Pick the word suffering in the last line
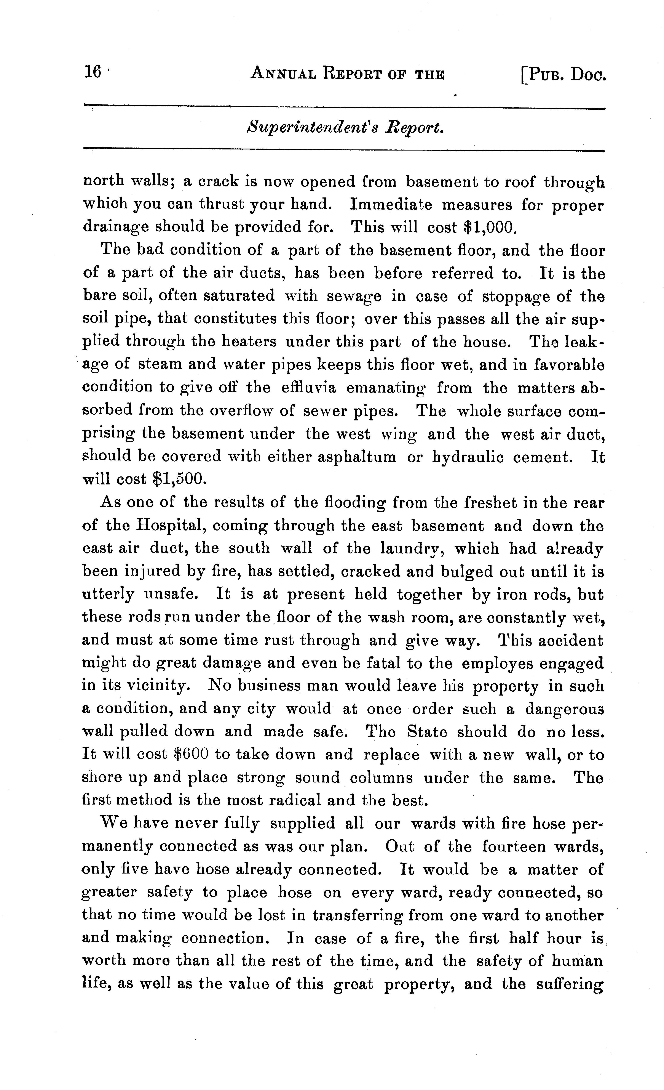coord(569,984)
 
